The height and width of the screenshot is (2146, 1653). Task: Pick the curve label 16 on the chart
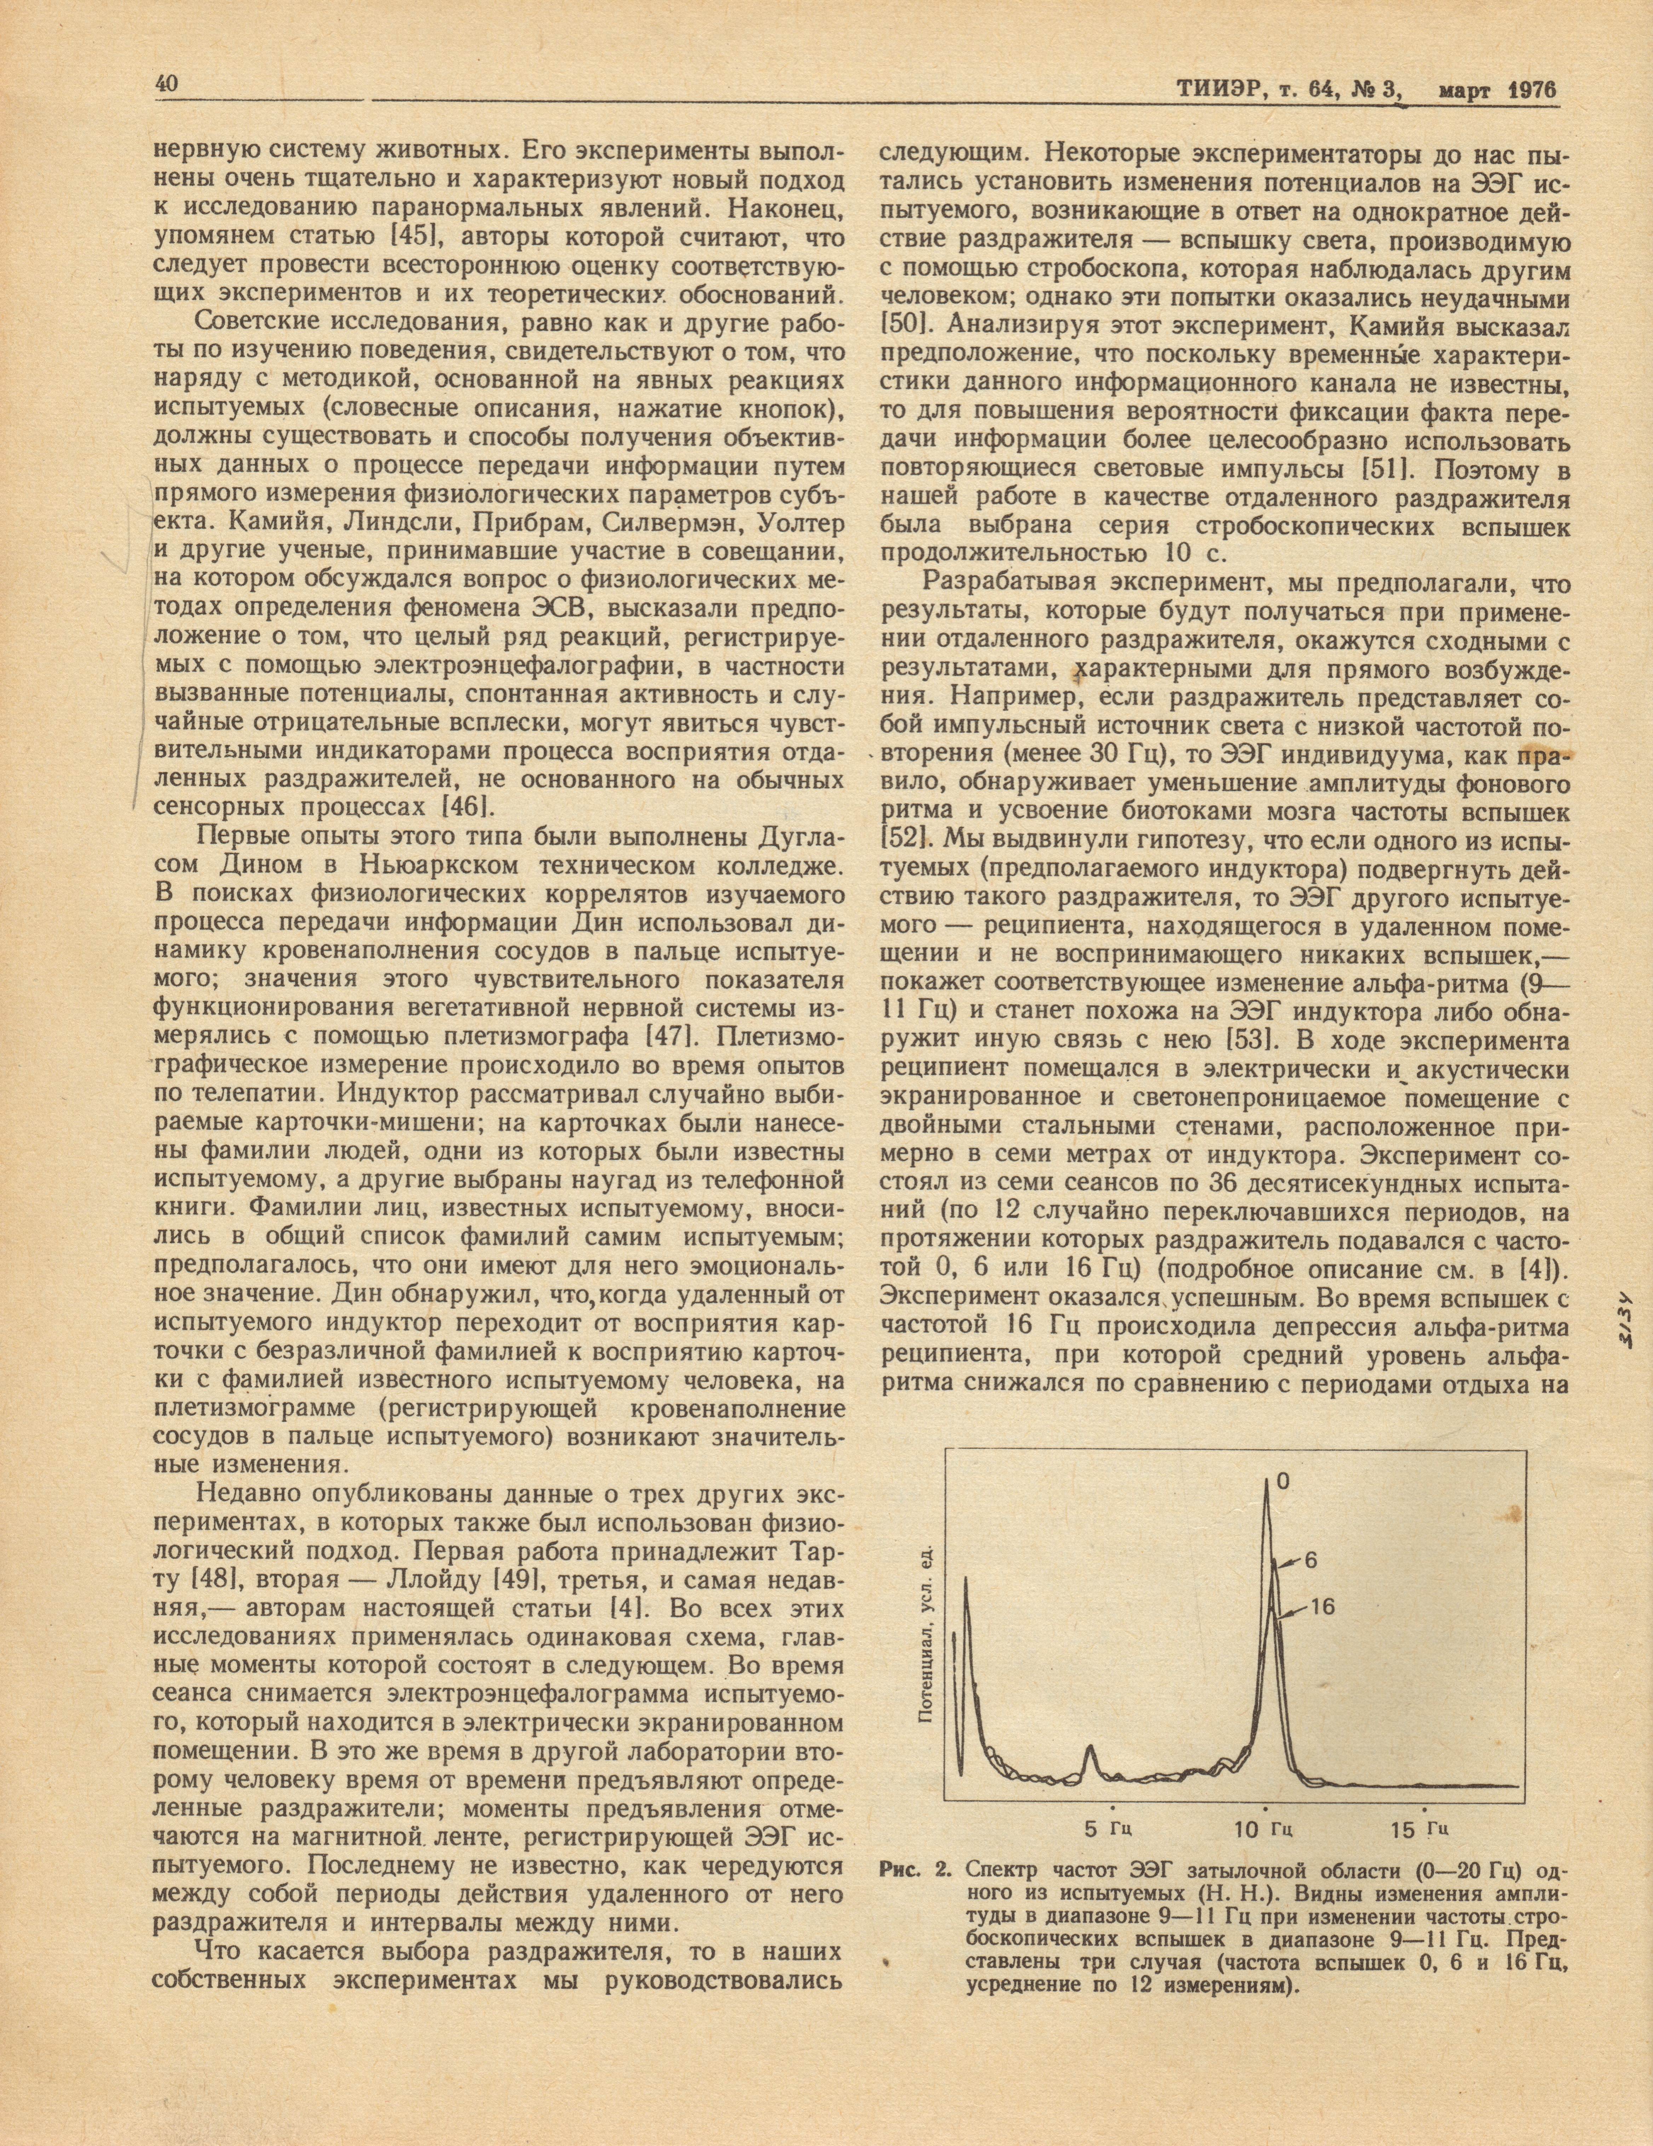pyautogui.click(x=1322, y=1607)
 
